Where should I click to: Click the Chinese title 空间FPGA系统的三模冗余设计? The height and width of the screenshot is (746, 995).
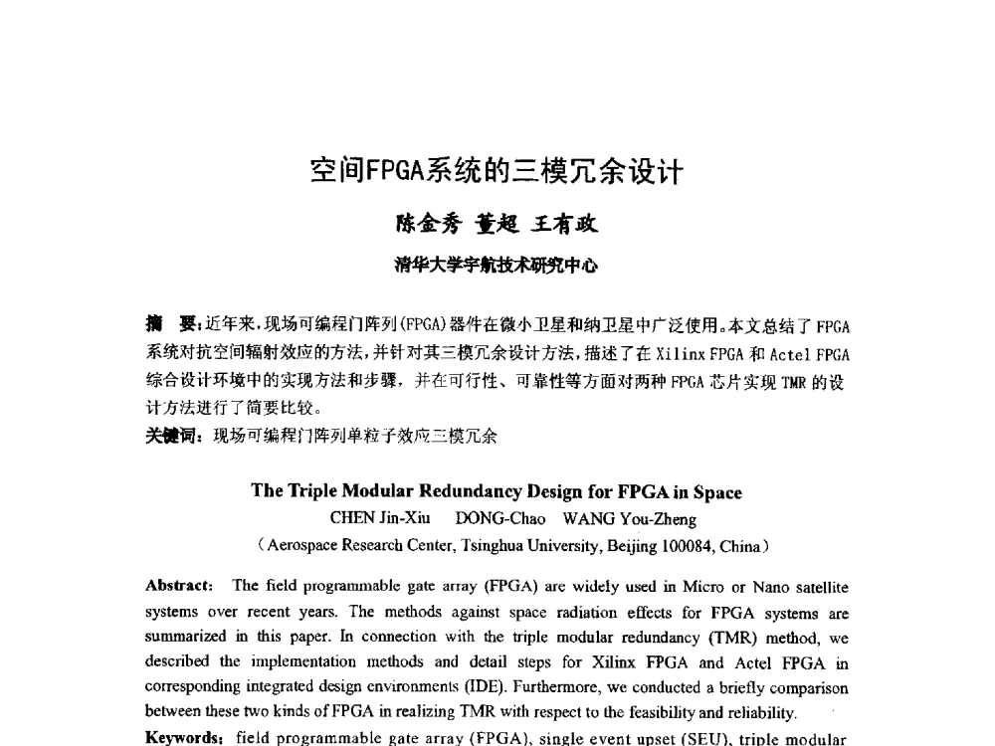[x=497, y=172]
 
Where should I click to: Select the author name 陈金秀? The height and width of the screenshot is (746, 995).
[x=427, y=225]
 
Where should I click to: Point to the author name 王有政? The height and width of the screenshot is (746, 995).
[x=566, y=225]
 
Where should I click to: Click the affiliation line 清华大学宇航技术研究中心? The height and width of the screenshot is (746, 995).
[x=497, y=265]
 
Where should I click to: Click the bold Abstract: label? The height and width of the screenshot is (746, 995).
[x=179, y=587]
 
